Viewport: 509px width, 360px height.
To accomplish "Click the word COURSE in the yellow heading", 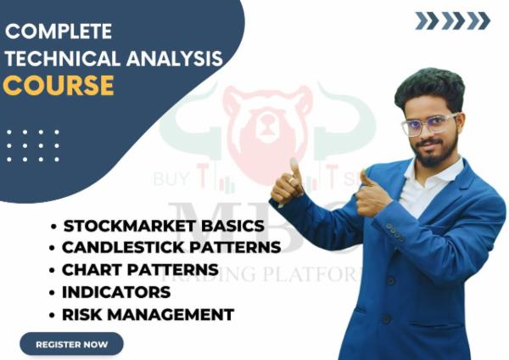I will tap(59, 85).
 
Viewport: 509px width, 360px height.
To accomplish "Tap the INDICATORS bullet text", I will tap(116, 292).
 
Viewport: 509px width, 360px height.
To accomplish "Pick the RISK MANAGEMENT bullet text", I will tap(148, 314).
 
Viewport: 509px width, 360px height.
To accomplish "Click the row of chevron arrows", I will tap(452, 20).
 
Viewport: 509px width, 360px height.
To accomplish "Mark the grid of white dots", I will tap(33, 145).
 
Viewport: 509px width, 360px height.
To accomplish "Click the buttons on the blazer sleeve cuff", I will tap(394, 231).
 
